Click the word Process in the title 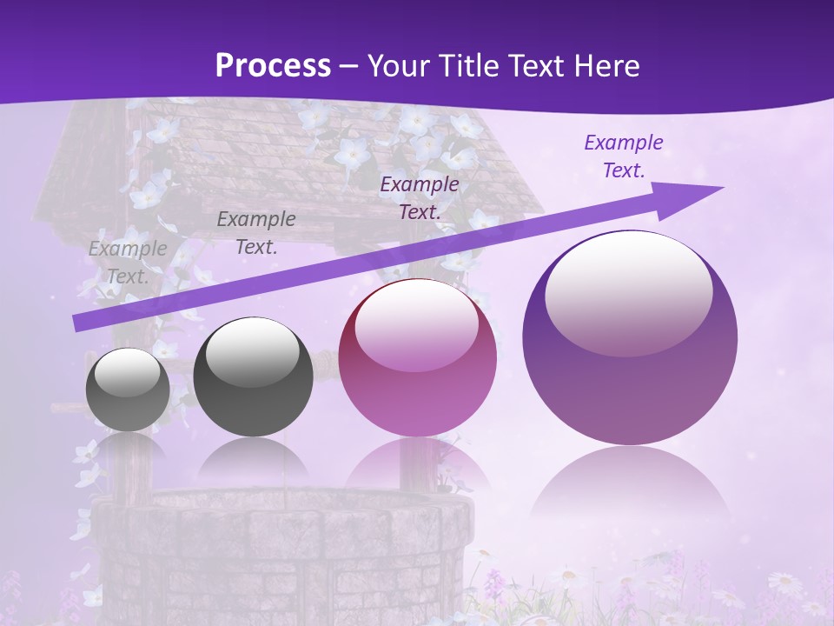(x=273, y=65)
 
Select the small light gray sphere (x=128, y=390)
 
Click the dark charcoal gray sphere (x=253, y=377)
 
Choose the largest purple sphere (x=630, y=339)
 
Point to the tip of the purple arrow (x=721, y=188)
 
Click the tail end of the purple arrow (x=76, y=323)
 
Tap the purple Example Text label (x=624, y=156)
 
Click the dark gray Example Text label (x=256, y=233)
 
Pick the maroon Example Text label (x=420, y=197)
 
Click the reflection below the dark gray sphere (x=253, y=461)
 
